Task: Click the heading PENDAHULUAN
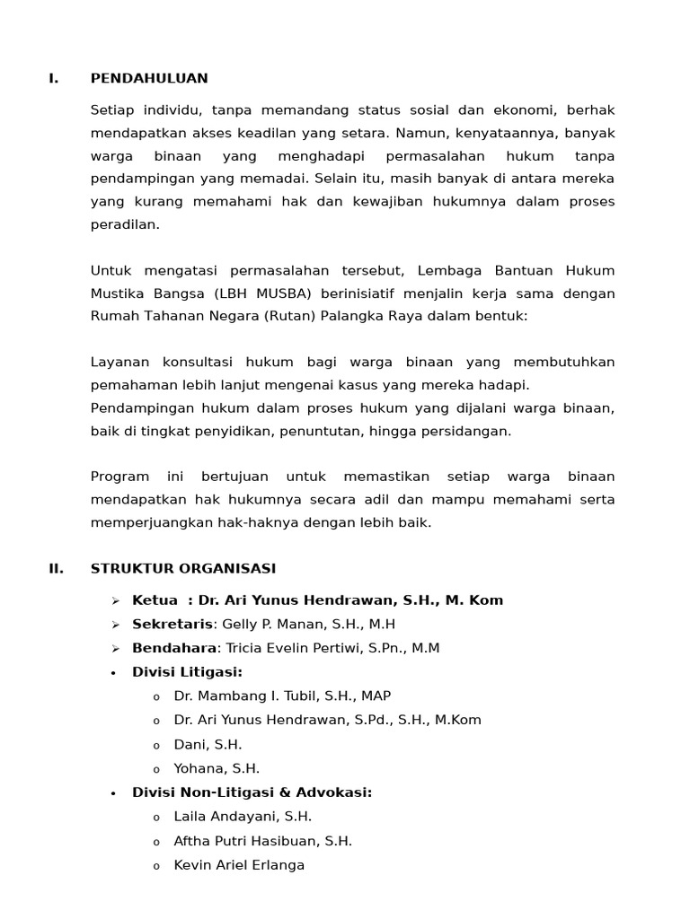pyautogui.click(x=149, y=79)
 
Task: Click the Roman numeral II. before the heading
pyautogui.click(x=56, y=569)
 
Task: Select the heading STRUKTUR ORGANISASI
pyautogui.click(x=183, y=569)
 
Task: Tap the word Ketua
pyautogui.click(x=155, y=600)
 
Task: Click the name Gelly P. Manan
pyautogui.click(x=268, y=625)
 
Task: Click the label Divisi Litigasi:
pyautogui.click(x=187, y=672)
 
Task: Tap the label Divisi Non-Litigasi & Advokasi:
pyautogui.click(x=252, y=792)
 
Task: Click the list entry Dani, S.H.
pyautogui.click(x=208, y=745)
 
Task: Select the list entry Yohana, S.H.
pyautogui.click(x=217, y=769)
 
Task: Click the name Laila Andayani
pyautogui.click(x=225, y=817)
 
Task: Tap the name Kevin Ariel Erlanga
pyautogui.click(x=239, y=865)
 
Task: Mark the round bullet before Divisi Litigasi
pyautogui.click(x=113, y=673)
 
